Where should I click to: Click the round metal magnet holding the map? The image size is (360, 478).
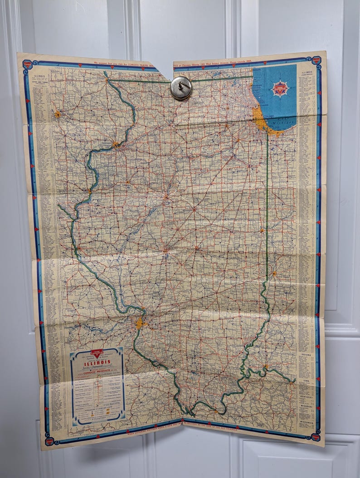pyautogui.click(x=181, y=88)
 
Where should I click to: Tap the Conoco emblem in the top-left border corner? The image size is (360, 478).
pyautogui.click(x=27, y=64)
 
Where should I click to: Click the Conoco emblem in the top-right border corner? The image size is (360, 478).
pyautogui.click(x=316, y=61)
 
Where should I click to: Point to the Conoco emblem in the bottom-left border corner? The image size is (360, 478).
pyautogui.click(x=49, y=440)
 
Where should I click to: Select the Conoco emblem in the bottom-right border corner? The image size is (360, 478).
pyautogui.click(x=315, y=437)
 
